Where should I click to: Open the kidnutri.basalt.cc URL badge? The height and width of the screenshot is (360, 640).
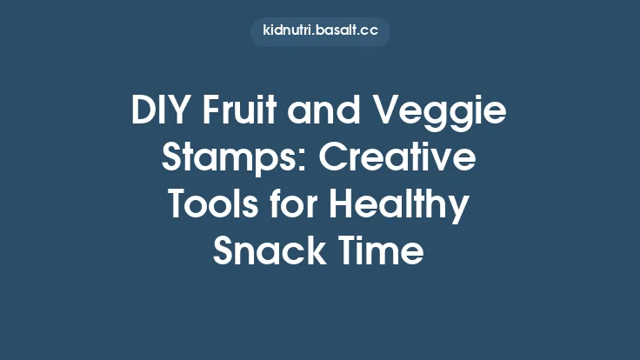(x=320, y=31)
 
